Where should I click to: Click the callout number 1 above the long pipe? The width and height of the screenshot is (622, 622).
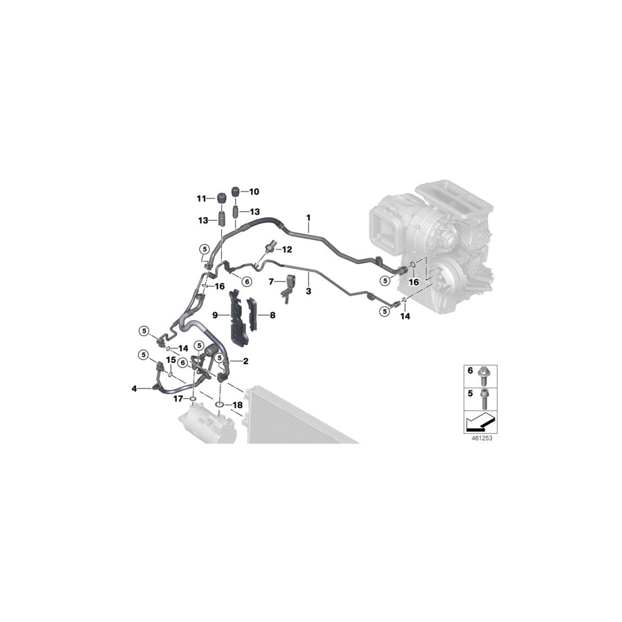(308, 218)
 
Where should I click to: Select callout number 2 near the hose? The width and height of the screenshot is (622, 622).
(245, 361)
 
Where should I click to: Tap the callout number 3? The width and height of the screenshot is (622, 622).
(308, 292)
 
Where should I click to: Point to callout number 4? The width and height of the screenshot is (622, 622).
(135, 388)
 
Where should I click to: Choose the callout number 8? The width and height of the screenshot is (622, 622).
(272, 315)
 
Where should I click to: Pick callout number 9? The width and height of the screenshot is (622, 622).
(215, 315)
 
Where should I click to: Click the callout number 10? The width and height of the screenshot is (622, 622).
(254, 191)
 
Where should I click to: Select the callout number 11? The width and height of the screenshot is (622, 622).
(201, 199)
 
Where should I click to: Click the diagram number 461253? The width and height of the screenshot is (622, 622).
(471, 437)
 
